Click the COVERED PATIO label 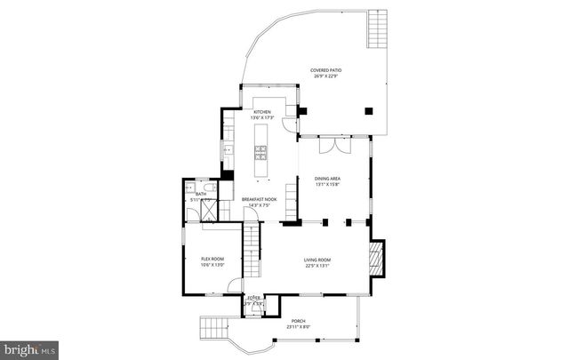pyautogui.click(x=325, y=70)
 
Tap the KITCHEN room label pyautogui.click(x=261, y=112)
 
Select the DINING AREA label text pyautogui.click(x=327, y=179)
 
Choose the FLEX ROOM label pyautogui.click(x=212, y=259)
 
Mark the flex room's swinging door pyautogui.click(x=234, y=285)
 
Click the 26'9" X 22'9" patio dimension pyautogui.click(x=325, y=76)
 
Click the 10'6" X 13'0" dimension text pyautogui.click(x=212, y=265)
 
